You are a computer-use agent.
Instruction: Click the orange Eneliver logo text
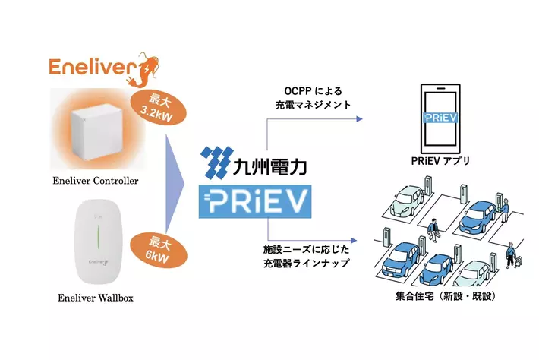(89, 67)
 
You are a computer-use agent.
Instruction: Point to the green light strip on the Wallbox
(96, 235)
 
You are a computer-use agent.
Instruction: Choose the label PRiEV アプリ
(440, 161)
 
